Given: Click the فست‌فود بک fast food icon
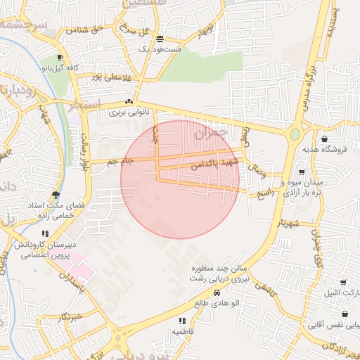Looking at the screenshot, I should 160,39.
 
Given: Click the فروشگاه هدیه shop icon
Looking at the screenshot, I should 324,139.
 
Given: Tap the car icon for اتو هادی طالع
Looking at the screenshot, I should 217,292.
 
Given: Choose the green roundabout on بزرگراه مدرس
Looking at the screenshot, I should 295,134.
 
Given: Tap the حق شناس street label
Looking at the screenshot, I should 85,30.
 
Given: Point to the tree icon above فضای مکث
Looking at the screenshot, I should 56,195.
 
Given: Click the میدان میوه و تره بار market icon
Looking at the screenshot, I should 302,172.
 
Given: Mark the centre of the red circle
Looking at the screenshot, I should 180,179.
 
